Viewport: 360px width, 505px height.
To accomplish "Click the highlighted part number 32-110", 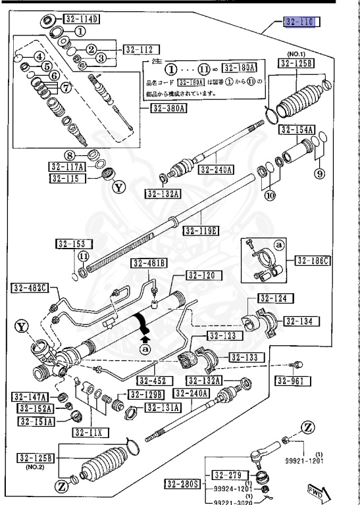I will [x=301, y=22].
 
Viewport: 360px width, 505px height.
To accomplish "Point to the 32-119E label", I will [x=201, y=231].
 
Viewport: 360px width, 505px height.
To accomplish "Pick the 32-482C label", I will [x=31, y=288].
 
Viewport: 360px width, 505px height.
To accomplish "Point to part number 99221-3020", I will [x=233, y=500].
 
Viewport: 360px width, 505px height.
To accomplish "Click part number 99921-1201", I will [x=304, y=462].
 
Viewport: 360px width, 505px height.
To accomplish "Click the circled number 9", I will [x=320, y=174].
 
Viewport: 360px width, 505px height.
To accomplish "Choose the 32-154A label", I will [x=296, y=130].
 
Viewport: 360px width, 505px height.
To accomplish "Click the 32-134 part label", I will [x=302, y=321].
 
